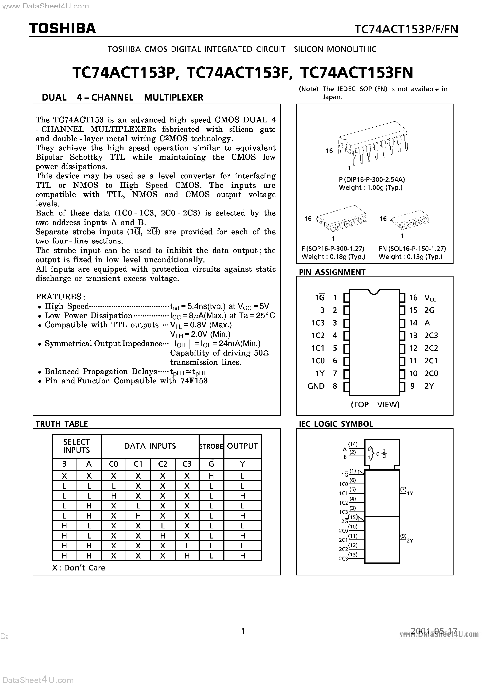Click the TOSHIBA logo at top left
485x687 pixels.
click(62, 28)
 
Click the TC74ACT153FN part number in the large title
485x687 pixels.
click(356, 73)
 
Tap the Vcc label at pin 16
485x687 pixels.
click(430, 298)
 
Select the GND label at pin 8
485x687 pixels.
click(316, 386)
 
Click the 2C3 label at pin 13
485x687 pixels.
click(431, 336)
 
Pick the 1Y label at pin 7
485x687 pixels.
click(320, 373)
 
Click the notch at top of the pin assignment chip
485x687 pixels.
click(374, 292)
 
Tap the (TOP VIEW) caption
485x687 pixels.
click(375, 405)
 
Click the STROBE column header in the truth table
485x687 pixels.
click(211, 446)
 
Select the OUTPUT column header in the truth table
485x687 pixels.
click(242, 446)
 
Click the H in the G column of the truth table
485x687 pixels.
click(211, 476)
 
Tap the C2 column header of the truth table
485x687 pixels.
click(162, 464)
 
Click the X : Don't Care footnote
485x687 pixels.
click(79, 568)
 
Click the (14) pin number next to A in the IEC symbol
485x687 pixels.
click(353, 444)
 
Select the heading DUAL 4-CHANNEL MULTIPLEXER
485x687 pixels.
click(123, 98)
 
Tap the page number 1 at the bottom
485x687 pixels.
click(243, 631)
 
